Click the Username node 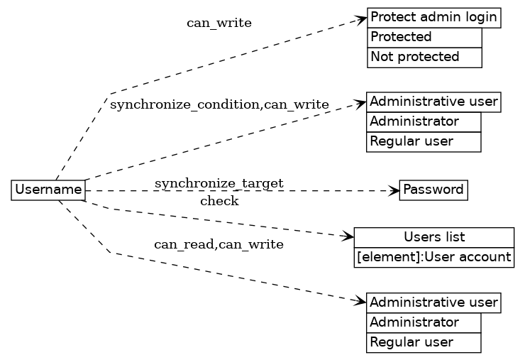48,190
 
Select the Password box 433,190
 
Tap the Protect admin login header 433,18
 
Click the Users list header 433,237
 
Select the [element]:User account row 433,257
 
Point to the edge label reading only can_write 219,23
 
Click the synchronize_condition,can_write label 219,105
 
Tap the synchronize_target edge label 219,184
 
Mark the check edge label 219,202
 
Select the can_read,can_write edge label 219,245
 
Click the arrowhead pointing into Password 394,190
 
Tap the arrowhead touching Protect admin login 362,19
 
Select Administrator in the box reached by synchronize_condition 424,122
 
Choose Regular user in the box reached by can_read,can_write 424,342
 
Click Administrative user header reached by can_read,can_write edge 433,302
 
